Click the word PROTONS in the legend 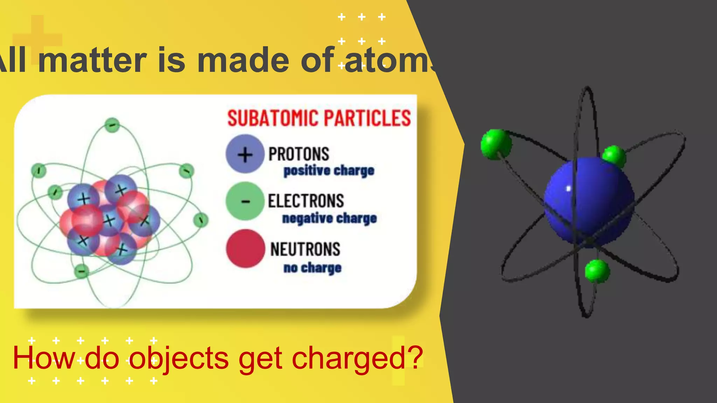click(299, 154)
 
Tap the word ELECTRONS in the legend click(306, 201)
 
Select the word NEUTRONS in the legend click(305, 249)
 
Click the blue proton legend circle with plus click(245, 154)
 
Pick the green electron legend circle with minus click(245, 201)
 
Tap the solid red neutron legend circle click(245, 249)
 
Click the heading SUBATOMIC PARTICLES click(319, 118)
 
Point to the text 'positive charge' click(329, 171)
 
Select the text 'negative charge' click(329, 218)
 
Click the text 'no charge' click(312, 268)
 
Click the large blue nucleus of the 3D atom click(589, 201)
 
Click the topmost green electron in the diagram click(112, 125)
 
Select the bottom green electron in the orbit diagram click(82, 271)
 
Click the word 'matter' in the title click(92, 61)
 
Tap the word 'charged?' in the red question click(357, 358)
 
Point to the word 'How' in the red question click(44, 358)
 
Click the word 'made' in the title click(244, 61)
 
